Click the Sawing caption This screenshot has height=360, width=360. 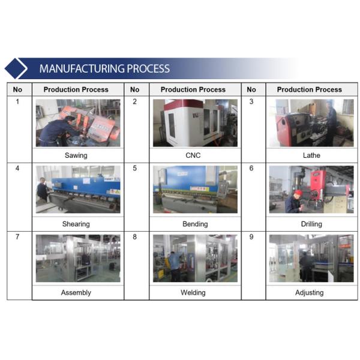click(x=76, y=155)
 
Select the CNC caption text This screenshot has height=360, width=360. click(x=193, y=155)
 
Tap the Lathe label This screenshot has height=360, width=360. click(x=311, y=155)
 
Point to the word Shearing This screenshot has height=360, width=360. click(x=76, y=224)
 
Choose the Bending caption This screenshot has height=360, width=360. click(x=195, y=224)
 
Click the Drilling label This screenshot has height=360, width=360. click(x=311, y=224)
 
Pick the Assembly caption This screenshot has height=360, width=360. click(x=76, y=293)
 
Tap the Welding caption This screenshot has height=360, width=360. click(x=193, y=293)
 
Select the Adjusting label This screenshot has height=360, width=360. click(x=309, y=293)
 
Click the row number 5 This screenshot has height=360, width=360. click(x=135, y=168)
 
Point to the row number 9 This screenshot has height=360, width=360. click(x=251, y=237)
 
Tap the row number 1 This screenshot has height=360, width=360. click(x=17, y=101)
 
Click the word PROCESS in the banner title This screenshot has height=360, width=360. click(x=148, y=68)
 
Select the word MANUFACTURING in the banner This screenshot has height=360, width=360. click(x=82, y=68)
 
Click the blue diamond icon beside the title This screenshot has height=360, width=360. click(x=16, y=68)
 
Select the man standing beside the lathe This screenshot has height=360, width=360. click(x=331, y=123)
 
